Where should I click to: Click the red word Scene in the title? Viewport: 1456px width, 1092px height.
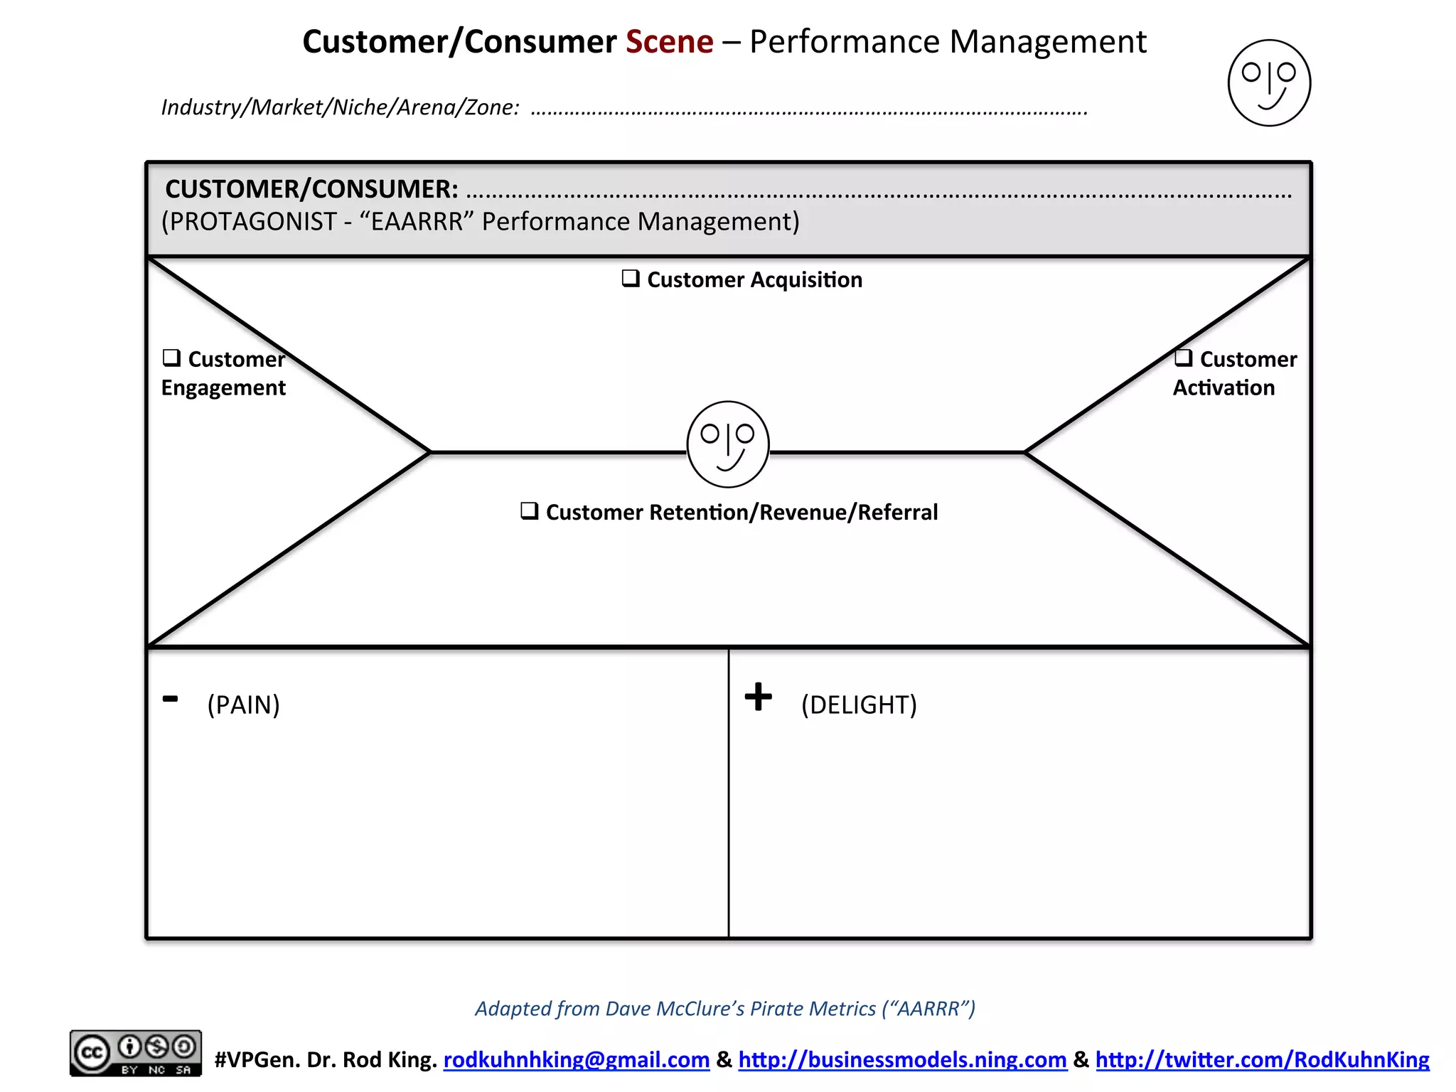coord(669,42)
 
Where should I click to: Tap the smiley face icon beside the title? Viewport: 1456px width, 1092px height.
coord(1269,83)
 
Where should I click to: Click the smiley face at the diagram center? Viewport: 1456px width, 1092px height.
coord(728,444)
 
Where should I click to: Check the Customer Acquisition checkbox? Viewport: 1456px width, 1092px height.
coord(631,278)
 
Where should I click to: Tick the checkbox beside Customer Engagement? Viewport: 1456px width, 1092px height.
coord(171,357)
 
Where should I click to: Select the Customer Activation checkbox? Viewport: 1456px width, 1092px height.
coord(1183,358)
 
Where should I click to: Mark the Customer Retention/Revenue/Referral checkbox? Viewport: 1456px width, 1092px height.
coord(529,510)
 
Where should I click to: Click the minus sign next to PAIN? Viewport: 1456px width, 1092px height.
coord(171,699)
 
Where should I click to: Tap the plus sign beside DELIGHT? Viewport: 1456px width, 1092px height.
coord(758,696)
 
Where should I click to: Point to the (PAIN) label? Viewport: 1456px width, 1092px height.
coord(243,705)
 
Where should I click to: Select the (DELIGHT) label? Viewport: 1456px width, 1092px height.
coord(859,705)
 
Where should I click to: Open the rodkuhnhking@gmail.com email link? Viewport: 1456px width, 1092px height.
coord(577,1059)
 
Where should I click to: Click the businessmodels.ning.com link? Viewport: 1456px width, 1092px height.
coord(902,1059)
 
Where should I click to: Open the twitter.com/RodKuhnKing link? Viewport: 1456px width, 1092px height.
coord(1262,1059)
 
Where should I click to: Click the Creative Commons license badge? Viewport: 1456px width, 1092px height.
coord(135,1053)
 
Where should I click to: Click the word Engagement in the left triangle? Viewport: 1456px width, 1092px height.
coord(223,388)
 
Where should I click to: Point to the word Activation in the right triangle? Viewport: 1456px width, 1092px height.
coord(1224,388)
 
